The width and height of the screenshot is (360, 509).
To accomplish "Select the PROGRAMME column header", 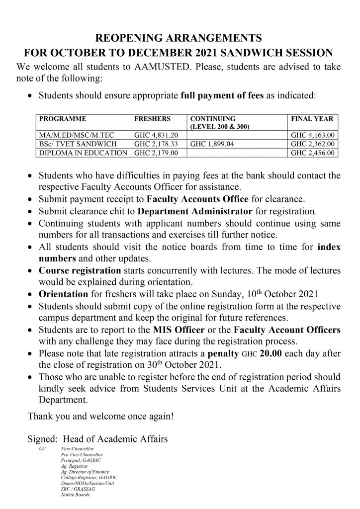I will click(x=63, y=119).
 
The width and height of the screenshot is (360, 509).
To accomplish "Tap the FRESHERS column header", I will click(x=153, y=119).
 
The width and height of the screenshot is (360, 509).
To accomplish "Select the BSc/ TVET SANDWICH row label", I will click(x=71, y=144).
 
